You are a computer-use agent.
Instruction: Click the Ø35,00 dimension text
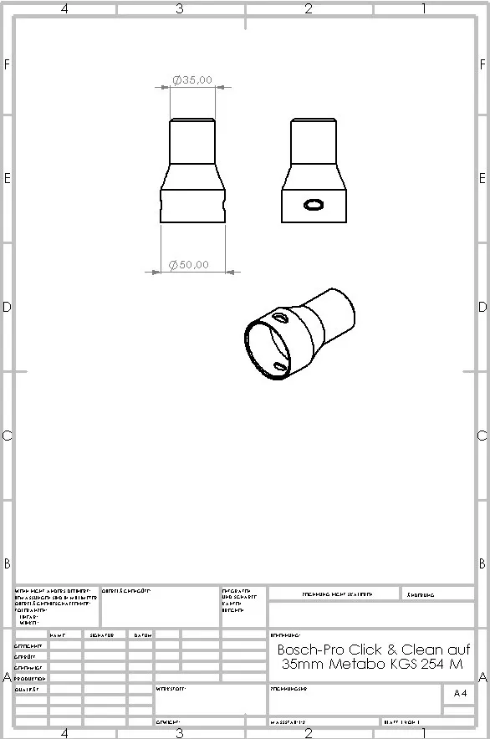(x=192, y=80)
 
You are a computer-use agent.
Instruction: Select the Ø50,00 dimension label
(x=189, y=265)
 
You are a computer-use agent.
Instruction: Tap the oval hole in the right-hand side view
(x=314, y=204)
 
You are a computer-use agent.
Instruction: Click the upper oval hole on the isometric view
(x=279, y=318)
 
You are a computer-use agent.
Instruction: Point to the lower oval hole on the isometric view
(x=281, y=366)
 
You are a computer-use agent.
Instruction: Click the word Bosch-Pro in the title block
(x=307, y=650)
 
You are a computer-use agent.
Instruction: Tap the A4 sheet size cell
(x=460, y=693)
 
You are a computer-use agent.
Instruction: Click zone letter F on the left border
(x=8, y=64)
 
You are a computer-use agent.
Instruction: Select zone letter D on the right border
(x=482, y=307)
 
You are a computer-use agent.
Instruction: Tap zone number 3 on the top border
(x=179, y=9)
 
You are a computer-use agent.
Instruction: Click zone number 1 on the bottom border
(x=424, y=733)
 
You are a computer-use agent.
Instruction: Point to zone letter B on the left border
(x=8, y=563)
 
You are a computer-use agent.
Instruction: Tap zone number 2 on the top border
(x=308, y=9)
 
